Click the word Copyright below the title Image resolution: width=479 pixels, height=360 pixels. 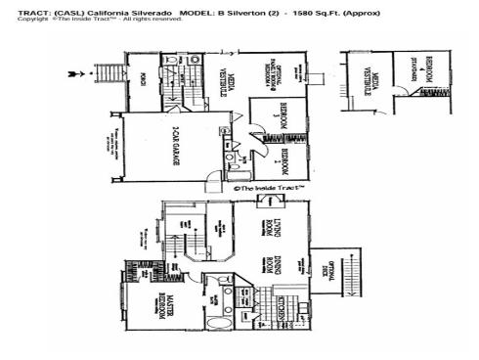[x=33, y=19]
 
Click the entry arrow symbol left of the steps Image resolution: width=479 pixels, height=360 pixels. [x=71, y=72]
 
